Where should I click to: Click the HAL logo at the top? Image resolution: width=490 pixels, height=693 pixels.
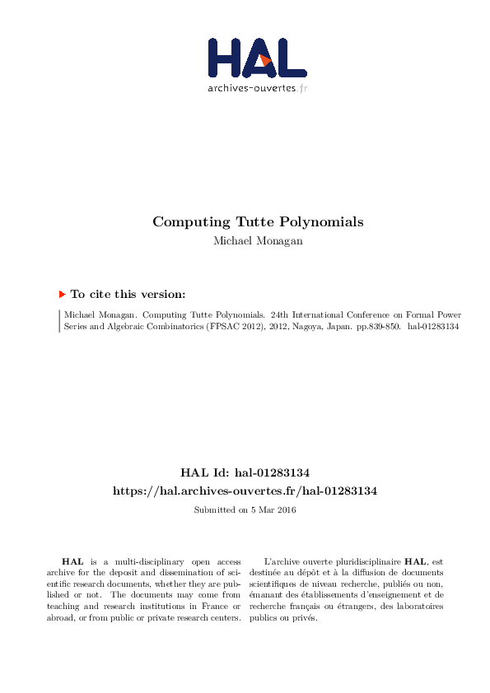click(256, 58)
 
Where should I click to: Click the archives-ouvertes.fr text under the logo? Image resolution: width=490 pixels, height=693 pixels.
click(257, 87)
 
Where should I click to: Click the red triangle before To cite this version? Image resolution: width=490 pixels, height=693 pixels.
click(62, 294)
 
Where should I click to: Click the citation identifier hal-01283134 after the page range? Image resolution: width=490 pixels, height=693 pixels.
click(433, 326)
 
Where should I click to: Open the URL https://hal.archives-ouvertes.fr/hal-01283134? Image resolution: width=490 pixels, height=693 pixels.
click(245, 491)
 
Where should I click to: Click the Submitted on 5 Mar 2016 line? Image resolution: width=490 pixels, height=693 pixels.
click(245, 510)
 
